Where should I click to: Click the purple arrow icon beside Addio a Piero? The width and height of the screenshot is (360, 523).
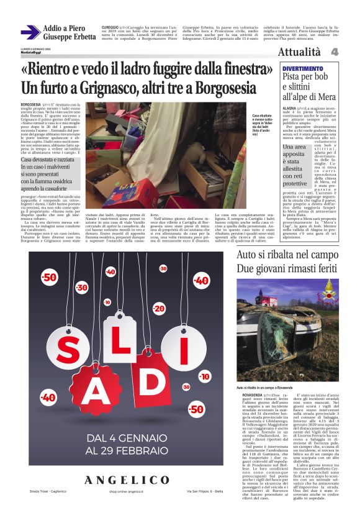(30, 32)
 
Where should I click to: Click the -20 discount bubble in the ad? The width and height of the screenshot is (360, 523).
(159, 309)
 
